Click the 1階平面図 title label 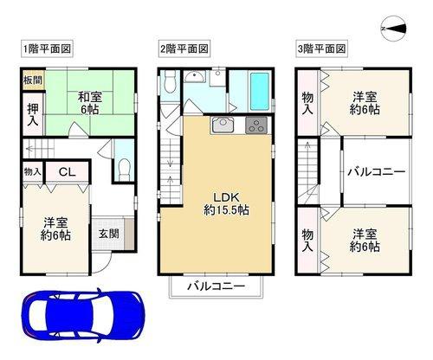[x=47, y=48]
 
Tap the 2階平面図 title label [x=184, y=48]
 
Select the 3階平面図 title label [x=321, y=48]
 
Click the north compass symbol [x=394, y=29]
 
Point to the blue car [x=83, y=316]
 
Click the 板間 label [x=33, y=80]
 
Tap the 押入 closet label [x=33, y=114]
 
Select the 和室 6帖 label [x=90, y=103]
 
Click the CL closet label [x=67, y=172]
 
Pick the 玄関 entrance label [x=108, y=234]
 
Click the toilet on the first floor [x=125, y=170]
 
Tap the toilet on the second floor [x=170, y=81]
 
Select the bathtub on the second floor [x=260, y=91]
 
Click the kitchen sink [x=223, y=125]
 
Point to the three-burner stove [x=256, y=125]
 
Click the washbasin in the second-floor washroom [x=194, y=76]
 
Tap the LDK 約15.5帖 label [x=226, y=203]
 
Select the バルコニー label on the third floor [x=376, y=172]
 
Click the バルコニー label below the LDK [x=216, y=286]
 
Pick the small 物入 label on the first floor [x=33, y=172]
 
